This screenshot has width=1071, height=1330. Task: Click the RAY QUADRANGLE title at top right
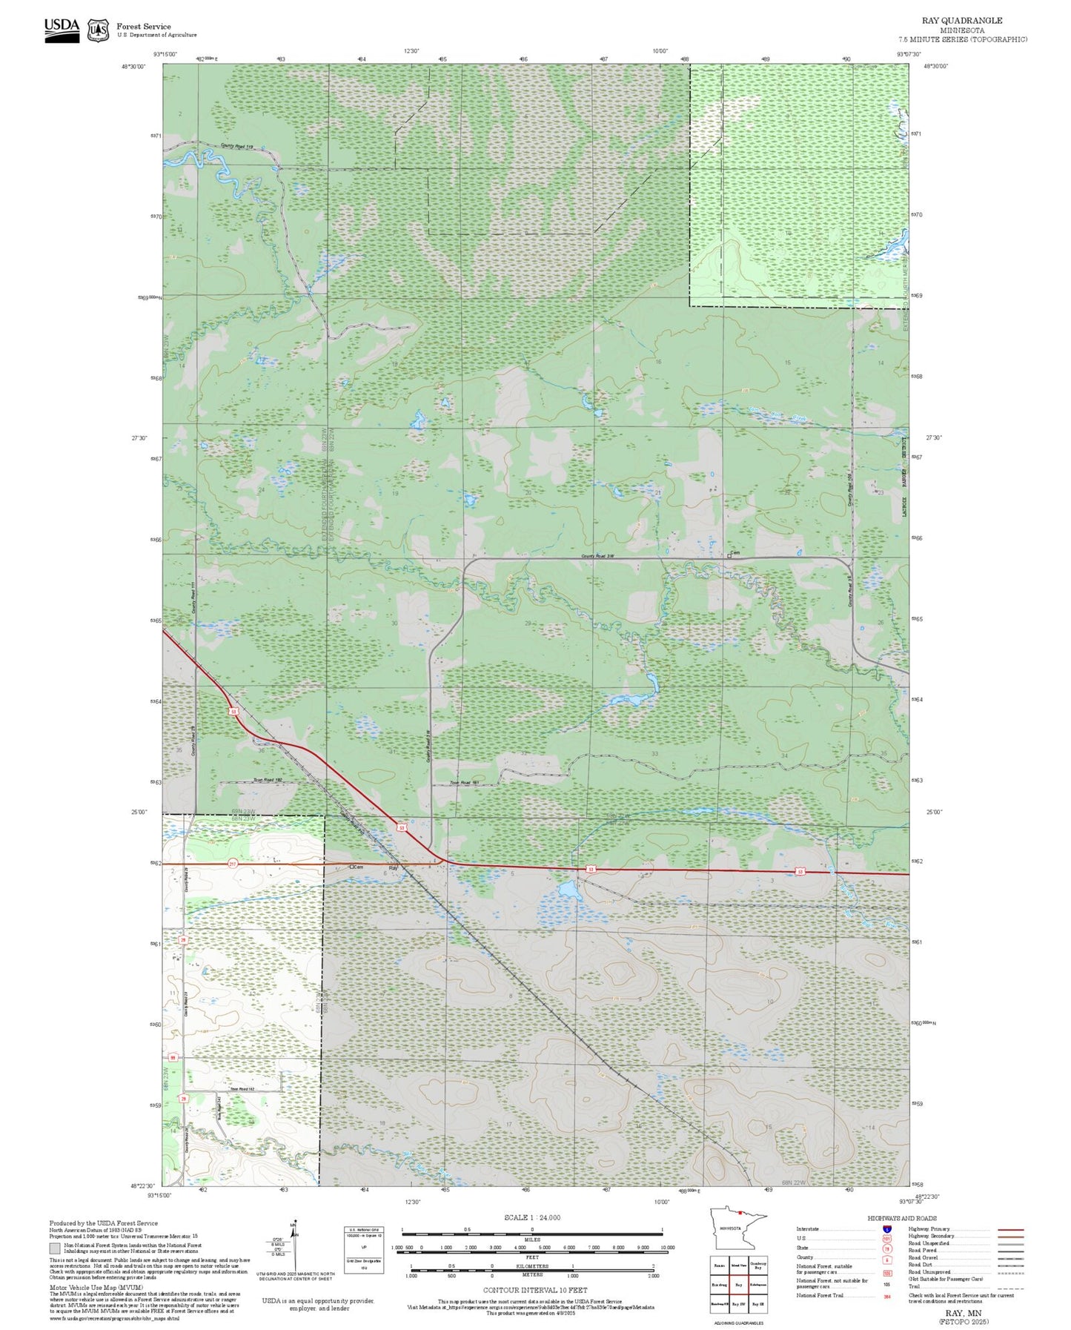click(x=962, y=21)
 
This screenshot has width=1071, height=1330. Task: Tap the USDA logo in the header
click(x=62, y=27)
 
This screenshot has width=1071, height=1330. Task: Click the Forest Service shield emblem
click(x=97, y=30)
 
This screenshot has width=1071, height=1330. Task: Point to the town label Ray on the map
click(x=394, y=867)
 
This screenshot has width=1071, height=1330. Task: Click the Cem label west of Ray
click(x=357, y=867)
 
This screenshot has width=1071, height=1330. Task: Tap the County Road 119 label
click(x=237, y=147)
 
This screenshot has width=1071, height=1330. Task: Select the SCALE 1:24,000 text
click(x=532, y=1217)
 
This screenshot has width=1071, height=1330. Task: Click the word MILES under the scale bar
click(x=532, y=1240)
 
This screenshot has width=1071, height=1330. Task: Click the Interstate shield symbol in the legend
click(x=886, y=1228)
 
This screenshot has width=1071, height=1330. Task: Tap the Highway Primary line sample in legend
click(x=1010, y=1229)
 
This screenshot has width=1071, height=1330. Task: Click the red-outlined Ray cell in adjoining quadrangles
click(x=738, y=1285)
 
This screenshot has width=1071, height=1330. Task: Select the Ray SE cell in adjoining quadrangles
click(x=757, y=1304)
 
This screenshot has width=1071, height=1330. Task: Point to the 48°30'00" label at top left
click(x=134, y=66)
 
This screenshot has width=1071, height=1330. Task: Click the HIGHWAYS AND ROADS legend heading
click(x=902, y=1218)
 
